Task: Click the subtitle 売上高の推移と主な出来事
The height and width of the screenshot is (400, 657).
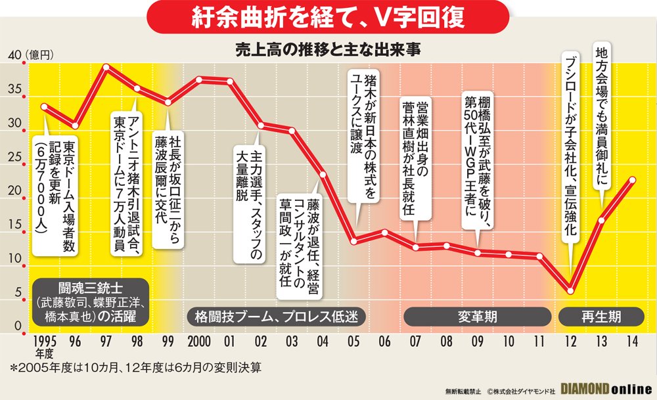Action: (x=328, y=50)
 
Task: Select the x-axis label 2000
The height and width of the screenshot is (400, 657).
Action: (x=198, y=342)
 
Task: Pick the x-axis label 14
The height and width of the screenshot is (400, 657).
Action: (x=632, y=342)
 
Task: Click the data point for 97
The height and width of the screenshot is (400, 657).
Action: (x=106, y=67)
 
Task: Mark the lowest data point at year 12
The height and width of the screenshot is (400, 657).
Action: (x=570, y=290)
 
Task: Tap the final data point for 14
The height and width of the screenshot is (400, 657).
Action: (x=632, y=179)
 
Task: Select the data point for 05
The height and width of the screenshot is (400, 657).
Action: (x=354, y=242)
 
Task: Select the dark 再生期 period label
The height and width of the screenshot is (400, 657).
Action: (x=600, y=316)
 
